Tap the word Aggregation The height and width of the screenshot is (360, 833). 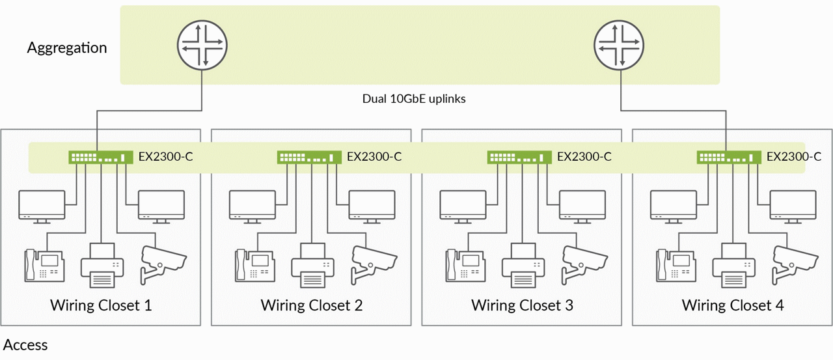coord(67,48)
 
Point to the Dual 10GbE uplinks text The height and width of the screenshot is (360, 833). coord(414,99)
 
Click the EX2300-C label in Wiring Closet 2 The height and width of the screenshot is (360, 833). coord(374,157)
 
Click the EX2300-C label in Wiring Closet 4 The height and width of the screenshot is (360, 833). coord(794,157)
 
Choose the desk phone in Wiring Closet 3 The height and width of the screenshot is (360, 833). coord(465,265)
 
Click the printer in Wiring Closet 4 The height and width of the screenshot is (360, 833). coord(733,265)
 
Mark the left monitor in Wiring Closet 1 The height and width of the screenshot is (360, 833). coord(42,206)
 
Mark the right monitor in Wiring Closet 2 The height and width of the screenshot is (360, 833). coord(372,206)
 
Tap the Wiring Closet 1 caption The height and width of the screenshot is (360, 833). coord(101,305)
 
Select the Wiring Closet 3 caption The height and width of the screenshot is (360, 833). coord(522,305)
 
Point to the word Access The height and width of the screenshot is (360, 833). coord(25,345)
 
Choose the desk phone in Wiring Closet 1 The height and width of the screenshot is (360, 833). coord(44,265)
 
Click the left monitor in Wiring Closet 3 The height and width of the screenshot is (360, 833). coord(463,206)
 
